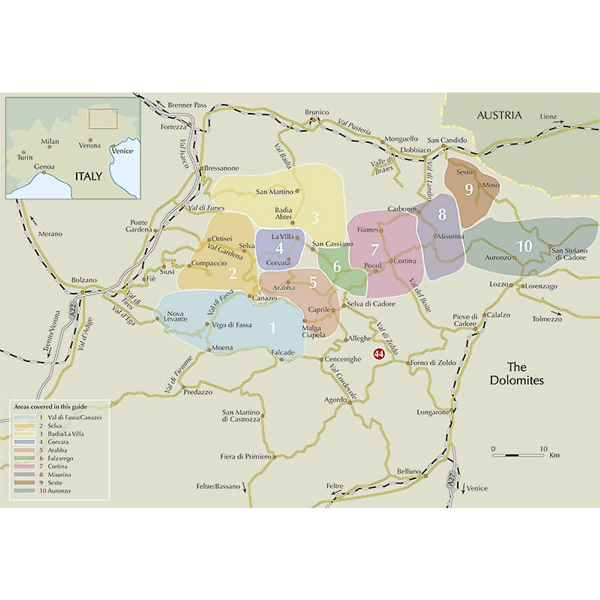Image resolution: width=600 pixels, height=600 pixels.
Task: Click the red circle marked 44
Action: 379,353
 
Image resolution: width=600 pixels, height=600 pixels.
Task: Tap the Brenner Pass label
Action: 187,105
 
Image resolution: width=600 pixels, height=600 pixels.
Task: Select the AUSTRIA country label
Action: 498,115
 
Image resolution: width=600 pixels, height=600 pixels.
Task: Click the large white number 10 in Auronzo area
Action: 523,246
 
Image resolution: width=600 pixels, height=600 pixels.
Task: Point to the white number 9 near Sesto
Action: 468,189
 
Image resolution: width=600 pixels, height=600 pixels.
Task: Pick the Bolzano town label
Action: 84,280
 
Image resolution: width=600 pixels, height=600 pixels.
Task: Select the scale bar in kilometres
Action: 518,455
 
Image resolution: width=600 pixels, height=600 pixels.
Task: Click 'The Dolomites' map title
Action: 516,373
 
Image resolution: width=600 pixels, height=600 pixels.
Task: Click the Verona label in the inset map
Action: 89,145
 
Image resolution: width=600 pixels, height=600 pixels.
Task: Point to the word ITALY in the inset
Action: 88,176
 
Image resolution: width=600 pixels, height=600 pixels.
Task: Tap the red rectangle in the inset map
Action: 103,118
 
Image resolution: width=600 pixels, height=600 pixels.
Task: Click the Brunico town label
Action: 317,112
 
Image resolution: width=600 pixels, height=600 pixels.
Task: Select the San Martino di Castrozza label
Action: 241,415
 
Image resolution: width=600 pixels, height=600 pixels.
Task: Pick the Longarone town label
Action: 433,412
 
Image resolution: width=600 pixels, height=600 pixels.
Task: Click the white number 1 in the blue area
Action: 272,327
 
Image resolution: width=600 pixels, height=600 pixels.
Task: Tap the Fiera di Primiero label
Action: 245,456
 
